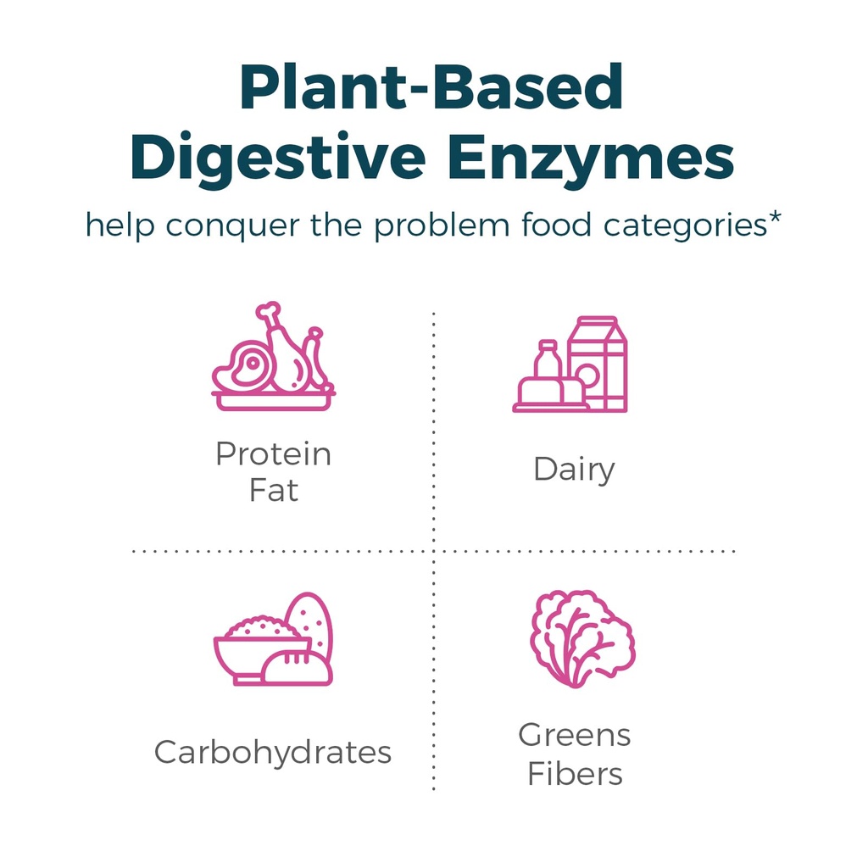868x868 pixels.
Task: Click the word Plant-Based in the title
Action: pos(431,87)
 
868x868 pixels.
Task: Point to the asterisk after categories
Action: pos(774,218)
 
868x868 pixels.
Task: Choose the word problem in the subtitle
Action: pos(442,225)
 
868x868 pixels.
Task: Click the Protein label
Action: pos(274,454)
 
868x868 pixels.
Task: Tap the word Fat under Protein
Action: pos(274,491)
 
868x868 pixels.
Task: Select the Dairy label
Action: pos(574,470)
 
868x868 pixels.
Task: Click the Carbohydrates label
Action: pos(273,753)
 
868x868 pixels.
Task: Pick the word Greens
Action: pos(574,735)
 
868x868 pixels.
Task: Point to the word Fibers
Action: pos(575,773)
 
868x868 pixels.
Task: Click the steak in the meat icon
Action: pos(243,367)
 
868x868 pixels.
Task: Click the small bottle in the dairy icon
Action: pos(548,359)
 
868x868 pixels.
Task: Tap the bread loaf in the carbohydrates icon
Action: pos(298,669)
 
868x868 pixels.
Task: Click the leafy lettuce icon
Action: pos(582,638)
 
